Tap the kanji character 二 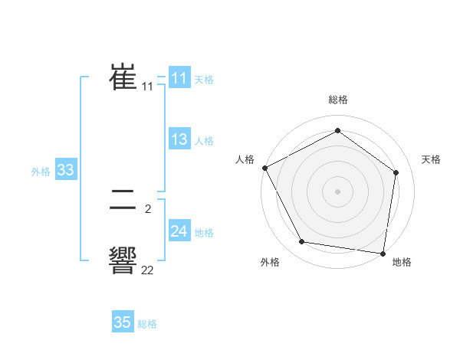(x=123, y=201)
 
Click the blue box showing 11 (x=179, y=78)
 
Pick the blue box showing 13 (x=179, y=139)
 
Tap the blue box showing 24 (x=179, y=231)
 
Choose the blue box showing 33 (x=65, y=170)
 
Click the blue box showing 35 (x=122, y=322)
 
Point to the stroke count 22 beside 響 (x=147, y=270)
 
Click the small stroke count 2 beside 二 (x=147, y=208)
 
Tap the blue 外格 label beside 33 (x=41, y=172)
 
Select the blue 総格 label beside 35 (x=147, y=324)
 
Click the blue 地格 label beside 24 (x=204, y=233)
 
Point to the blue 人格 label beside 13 (x=204, y=141)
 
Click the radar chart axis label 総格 (x=337, y=100)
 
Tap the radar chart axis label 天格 (x=431, y=159)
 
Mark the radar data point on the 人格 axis (x=264, y=168)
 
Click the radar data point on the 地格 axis (x=383, y=253)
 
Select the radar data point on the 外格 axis (x=302, y=242)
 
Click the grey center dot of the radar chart (x=337, y=191)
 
